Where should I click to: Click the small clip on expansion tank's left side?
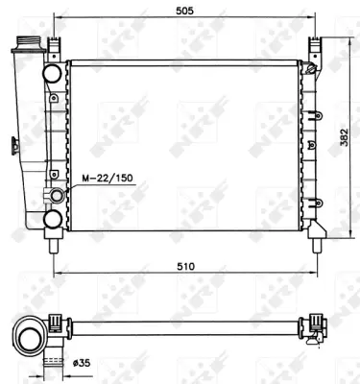pos(12,146)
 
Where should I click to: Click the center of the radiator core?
pos(184,144)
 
